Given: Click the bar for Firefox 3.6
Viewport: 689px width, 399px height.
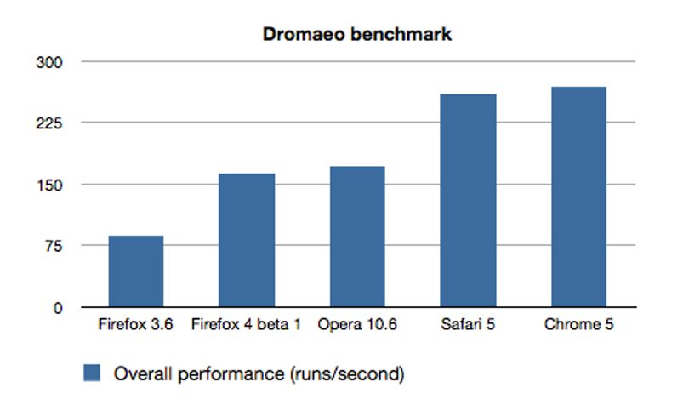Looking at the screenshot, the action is pyautogui.click(x=136, y=271).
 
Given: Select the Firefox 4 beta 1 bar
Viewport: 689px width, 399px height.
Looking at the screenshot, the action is pyautogui.click(x=247, y=240).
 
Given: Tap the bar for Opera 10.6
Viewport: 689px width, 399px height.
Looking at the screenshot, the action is pyautogui.click(x=357, y=237).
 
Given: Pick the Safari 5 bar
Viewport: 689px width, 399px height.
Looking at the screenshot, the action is pyautogui.click(x=469, y=201).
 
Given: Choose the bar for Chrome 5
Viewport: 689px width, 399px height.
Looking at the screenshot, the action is pyautogui.click(x=579, y=197).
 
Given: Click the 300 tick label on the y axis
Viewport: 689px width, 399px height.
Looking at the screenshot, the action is pyautogui.click(x=49, y=62).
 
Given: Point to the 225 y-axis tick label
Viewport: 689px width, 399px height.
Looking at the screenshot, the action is pyautogui.click(x=49, y=123).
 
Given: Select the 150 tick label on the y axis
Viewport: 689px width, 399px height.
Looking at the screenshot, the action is pyautogui.click(x=49, y=185).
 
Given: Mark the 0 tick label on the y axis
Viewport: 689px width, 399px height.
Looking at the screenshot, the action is pyautogui.click(x=58, y=308).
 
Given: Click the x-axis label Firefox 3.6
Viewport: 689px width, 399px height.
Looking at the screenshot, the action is pyautogui.click(x=136, y=324).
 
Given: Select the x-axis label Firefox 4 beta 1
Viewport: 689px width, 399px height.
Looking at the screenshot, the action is pyautogui.click(x=247, y=324).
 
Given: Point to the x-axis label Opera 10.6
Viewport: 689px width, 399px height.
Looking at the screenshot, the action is pyautogui.click(x=357, y=324).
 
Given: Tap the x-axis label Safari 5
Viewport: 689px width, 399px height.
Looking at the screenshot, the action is pyautogui.click(x=468, y=324).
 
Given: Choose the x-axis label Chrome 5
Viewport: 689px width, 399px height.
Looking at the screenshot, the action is pyautogui.click(x=578, y=324).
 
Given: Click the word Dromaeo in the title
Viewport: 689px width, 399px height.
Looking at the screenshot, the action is pyautogui.click(x=303, y=34).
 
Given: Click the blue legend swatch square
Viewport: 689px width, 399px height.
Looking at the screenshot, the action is pyautogui.click(x=92, y=373).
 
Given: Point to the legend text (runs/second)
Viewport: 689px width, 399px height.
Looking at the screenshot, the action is pyautogui.click(x=347, y=374).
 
